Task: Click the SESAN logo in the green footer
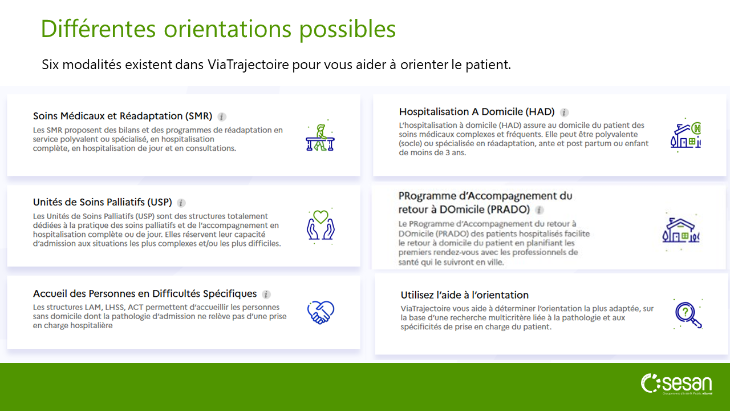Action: [676, 384]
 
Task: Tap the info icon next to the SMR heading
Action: [222, 117]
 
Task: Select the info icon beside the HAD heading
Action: [564, 112]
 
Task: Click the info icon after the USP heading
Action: [181, 203]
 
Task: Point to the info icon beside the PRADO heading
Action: [540, 210]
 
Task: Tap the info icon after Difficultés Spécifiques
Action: [266, 295]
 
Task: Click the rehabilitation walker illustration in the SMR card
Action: [320, 136]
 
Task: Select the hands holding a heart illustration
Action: [321, 225]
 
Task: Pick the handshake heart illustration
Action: [321, 312]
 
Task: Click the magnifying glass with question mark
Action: [688, 314]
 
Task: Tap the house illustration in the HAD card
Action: [686, 136]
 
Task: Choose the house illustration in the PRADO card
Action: [680, 231]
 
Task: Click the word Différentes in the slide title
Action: [98, 29]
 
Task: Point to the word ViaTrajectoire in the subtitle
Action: [248, 65]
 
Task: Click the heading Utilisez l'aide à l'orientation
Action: [464, 295]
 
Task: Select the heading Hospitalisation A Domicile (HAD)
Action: [477, 112]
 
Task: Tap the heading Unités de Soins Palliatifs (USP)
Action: [102, 202]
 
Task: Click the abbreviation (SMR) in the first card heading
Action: [199, 116]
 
